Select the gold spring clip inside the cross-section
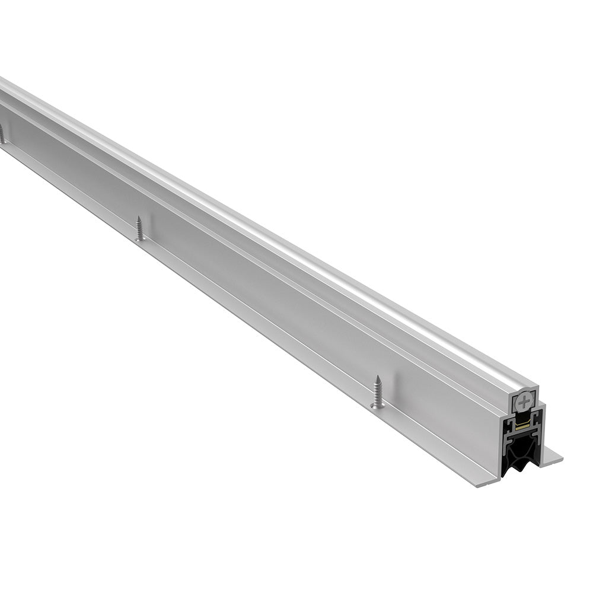(x=522, y=426)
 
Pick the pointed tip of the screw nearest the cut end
(x=377, y=377)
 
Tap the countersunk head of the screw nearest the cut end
(x=377, y=406)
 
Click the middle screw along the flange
(x=139, y=228)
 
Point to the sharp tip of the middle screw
(x=139, y=217)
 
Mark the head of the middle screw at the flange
(x=139, y=238)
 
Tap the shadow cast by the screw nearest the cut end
(x=384, y=394)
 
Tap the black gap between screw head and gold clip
(x=522, y=417)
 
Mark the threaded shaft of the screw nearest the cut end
(x=377, y=391)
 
